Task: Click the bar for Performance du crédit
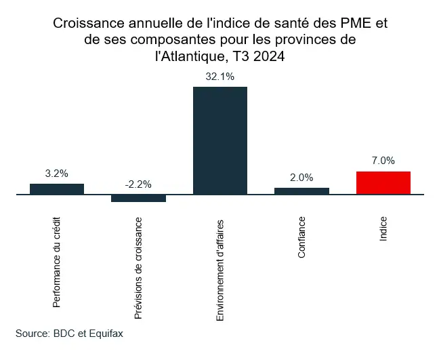[x=57, y=188]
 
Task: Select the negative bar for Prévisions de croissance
[x=138, y=198]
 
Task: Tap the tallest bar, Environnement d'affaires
[x=220, y=140]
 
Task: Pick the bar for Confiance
[x=301, y=191]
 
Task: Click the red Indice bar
[x=383, y=182]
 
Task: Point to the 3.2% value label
[x=57, y=174]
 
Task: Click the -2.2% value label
[x=138, y=184]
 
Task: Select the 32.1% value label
[x=220, y=77]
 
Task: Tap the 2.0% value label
[x=301, y=178]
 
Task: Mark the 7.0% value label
[x=383, y=161]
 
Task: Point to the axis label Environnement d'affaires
[x=220, y=269]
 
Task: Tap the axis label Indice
[x=383, y=231]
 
